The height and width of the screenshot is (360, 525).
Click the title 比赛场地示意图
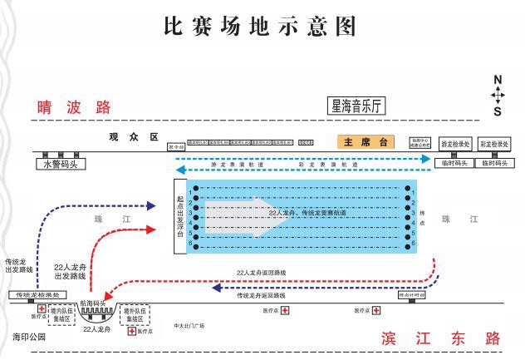coord(261,27)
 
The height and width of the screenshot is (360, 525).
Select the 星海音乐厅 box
coord(358,106)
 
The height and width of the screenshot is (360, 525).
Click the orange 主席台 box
coord(366,142)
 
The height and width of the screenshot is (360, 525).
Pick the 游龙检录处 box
coord(455,144)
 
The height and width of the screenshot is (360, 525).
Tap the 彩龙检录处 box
coord(497,144)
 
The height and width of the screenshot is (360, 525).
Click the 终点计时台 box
coord(412,294)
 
